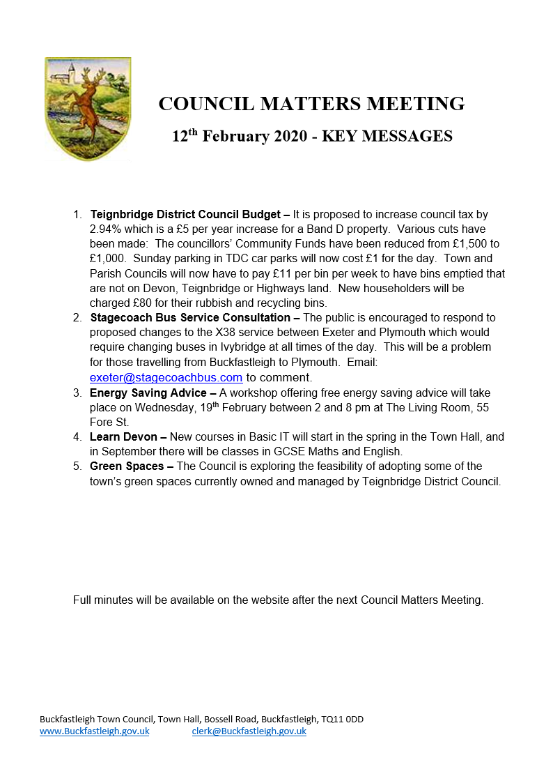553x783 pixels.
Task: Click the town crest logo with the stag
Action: (x=88, y=109)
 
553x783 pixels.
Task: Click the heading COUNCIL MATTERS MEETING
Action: (x=311, y=104)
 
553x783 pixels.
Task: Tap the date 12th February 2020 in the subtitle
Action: (x=240, y=136)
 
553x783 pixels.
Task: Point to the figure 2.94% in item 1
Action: (x=106, y=229)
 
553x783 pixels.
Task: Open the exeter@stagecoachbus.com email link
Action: (x=166, y=377)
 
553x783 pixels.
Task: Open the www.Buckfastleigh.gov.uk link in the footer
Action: (x=94, y=731)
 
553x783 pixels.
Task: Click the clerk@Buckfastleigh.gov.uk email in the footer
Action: (x=249, y=731)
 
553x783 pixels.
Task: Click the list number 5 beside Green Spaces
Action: (x=77, y=466)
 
